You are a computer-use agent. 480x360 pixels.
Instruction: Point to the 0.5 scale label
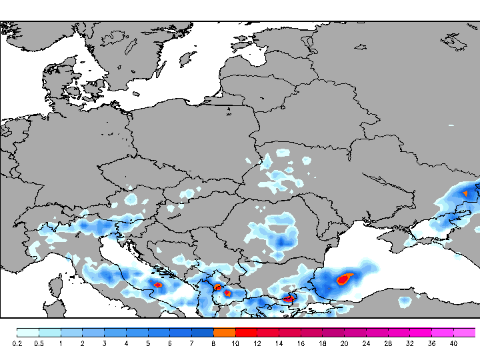point(39,343)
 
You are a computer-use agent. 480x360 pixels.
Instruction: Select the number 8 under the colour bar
point(213,343)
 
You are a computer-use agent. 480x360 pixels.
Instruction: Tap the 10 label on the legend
point(235,343)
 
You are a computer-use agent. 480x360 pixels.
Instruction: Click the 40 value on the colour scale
point(453,343)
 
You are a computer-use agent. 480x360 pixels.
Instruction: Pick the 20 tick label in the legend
point(344,343)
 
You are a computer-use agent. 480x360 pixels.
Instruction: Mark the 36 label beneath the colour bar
point(431,343)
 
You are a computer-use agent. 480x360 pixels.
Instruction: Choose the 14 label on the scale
point(279,343)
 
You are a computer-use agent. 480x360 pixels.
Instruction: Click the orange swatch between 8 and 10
point(224,332)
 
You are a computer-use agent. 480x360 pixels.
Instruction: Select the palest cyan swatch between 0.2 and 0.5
point(28,332)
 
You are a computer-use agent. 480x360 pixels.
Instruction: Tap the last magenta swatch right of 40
point(465,332)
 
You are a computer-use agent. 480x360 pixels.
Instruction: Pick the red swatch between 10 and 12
point(246,332)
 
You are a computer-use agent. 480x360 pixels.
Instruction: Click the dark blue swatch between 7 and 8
point(202,332)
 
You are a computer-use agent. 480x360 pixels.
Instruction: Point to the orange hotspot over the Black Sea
point(345,278)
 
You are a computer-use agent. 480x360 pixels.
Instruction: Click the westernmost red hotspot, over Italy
point(158,285)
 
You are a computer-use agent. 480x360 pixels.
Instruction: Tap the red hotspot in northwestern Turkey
point(289,298)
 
